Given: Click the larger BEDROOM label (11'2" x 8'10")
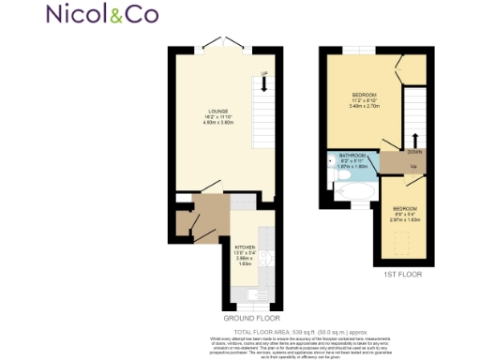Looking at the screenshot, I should pos(364,96).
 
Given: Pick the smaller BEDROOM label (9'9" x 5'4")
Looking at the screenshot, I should pos(405,207).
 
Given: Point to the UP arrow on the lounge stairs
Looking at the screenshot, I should pos(264,83).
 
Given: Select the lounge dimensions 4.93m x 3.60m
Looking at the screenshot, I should pos(218,123).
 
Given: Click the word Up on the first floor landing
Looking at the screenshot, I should pos(414,167).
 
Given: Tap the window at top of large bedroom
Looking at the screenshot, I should pos(357,50).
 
